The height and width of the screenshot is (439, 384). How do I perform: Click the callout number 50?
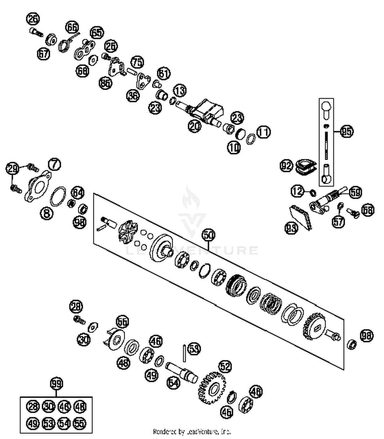[x=209, y=235]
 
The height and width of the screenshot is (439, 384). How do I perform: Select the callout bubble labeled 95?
[x=347, y=131]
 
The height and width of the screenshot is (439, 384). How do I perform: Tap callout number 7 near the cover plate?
[x=55, y=164]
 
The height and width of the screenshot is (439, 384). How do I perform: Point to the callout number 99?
[x=56, y=384]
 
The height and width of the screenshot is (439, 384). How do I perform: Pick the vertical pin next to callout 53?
[x=184, y=353]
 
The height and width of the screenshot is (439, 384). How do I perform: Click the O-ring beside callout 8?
[x=58, y=196]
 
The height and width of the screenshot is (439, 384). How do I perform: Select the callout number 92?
[x=286, y=166]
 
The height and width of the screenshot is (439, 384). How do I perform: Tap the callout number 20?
[x=195, y=126]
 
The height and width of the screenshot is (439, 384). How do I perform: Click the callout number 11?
[x=264, y=132]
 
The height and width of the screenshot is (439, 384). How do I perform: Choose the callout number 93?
[x=292, y=228]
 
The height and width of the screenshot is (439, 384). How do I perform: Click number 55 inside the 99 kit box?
[x=80, y=423]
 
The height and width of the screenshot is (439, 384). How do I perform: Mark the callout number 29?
[x=12, y=169]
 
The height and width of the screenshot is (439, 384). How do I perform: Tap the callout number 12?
[x=297, y=191]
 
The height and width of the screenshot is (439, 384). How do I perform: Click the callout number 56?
[x=122, y=322]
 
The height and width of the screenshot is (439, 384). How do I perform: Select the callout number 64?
[x=78, y=193]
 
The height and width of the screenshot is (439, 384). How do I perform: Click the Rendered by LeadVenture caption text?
[x=192, y=432]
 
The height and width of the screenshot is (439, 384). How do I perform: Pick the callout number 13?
[x=180, y=90]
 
